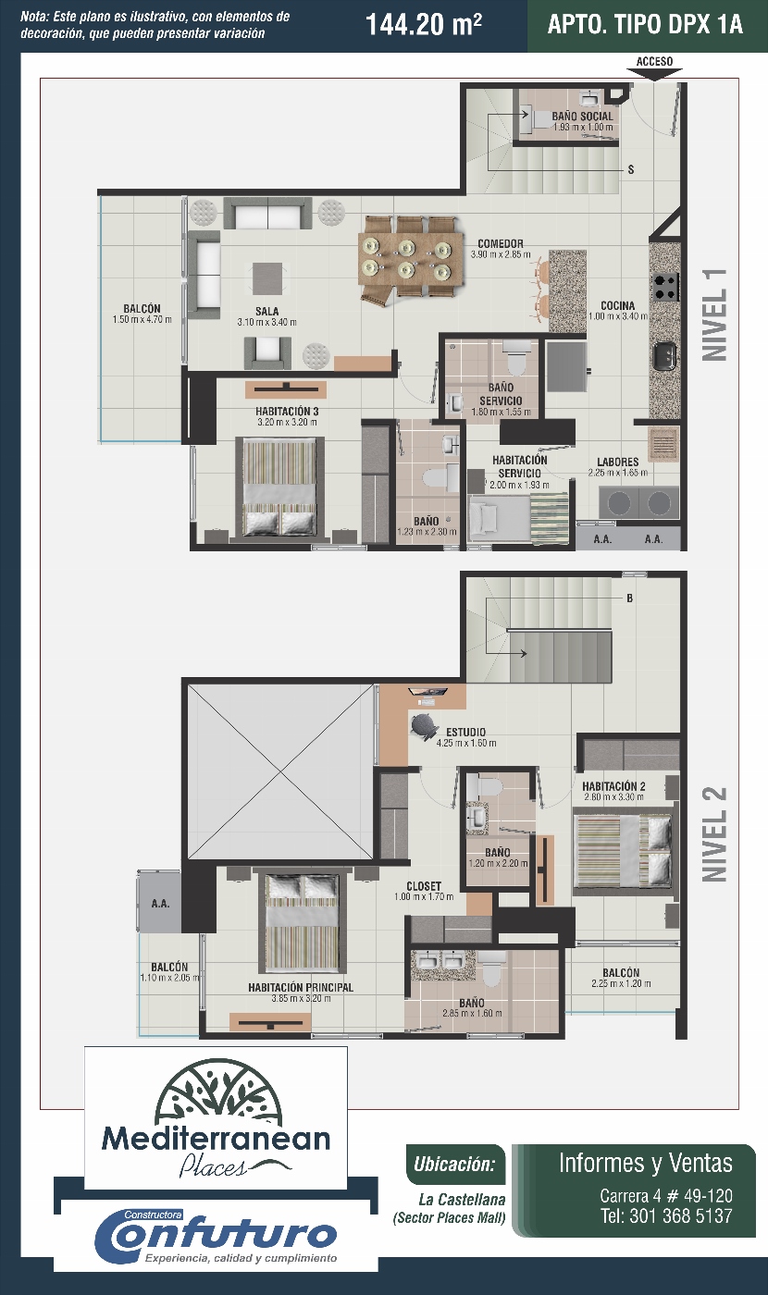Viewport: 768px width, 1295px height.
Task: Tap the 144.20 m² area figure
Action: (x=424, y=25)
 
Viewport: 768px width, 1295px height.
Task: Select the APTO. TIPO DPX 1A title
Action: (x=645, y=25)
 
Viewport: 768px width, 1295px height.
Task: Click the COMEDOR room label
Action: (x=501, y=244)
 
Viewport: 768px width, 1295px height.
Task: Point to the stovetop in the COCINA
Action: (x=665, y=287)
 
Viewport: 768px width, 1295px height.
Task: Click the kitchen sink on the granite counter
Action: (x=665, y=356)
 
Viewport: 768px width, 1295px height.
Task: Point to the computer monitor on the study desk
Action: (x=427, y=692)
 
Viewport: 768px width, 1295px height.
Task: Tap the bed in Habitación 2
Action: (x=622, y=850)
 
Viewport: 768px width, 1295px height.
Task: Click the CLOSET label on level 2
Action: (x=424, y=886)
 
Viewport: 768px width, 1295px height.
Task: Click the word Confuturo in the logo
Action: (x=217, y=1236)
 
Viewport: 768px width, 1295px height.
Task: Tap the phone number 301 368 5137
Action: (x=680, y=1215)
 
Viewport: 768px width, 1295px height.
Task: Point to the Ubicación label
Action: (x=454, y=1164)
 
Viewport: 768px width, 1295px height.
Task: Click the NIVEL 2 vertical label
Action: (x=714, y=834)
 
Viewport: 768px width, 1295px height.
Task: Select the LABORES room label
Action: (x=618, y=462)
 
